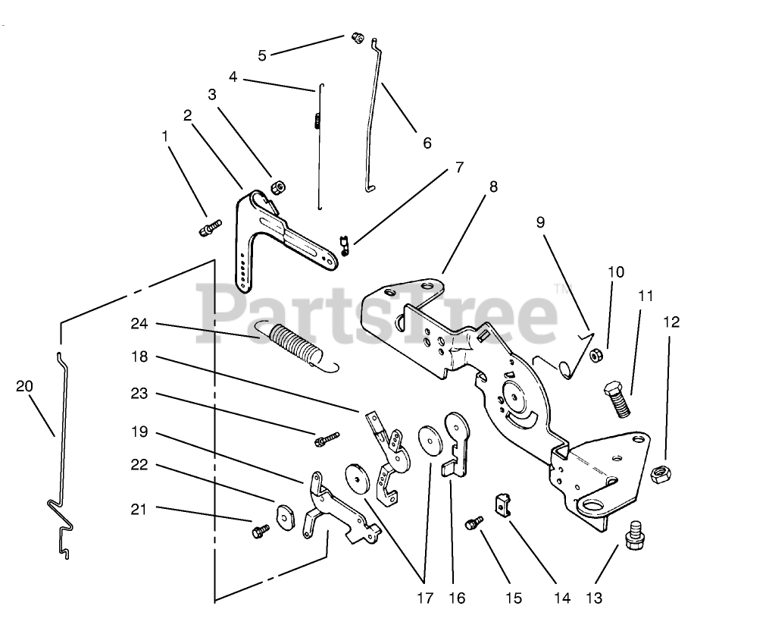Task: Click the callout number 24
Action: point(139,324)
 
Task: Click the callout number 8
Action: point(493,186)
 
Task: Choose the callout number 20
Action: point(24,386)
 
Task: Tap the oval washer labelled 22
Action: point(286,516)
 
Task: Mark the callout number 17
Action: point(425,598)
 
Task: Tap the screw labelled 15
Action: point(475,522)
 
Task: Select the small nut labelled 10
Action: point(596,354)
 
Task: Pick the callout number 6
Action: point(427,143)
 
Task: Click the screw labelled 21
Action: point(259,529)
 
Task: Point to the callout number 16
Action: point(457,598)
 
